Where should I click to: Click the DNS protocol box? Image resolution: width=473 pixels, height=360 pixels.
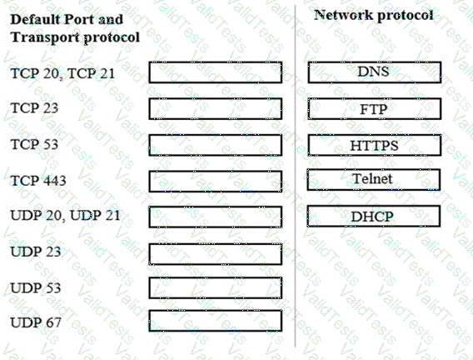point(375,72)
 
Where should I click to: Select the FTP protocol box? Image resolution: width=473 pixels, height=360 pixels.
point(375,108)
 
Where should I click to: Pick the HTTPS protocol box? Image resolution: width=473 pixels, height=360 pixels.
point(375,145)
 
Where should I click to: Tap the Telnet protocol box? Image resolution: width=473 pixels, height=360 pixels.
point(374,179)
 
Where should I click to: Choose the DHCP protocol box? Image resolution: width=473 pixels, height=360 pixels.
point(374,216)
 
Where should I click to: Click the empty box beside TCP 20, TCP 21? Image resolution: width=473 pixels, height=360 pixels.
point(216,72)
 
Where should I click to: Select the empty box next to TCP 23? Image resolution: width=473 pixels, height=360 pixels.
point(216,108)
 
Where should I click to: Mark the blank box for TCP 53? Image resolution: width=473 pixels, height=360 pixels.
point(216,145)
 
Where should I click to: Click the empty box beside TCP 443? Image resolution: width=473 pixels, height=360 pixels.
point(216,182)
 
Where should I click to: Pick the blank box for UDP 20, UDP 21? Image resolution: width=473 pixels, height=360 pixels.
point(216,217)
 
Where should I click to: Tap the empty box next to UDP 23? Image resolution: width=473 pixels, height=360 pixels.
point(216,254)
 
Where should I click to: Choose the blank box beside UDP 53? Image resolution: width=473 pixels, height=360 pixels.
point(216,287)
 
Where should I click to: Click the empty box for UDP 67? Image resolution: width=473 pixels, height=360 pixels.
point(216,321)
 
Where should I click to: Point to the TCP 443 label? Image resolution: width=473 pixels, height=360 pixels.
point(38,181)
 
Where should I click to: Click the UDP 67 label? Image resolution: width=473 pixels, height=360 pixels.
point(36,322)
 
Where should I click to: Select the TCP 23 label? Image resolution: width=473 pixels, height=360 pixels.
point(34,108)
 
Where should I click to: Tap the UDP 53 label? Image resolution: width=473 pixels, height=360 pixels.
point(36,287)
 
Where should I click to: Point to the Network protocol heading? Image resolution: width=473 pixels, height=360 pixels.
point(374,15)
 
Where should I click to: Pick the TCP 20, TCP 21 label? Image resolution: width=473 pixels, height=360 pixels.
point(62,73)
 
